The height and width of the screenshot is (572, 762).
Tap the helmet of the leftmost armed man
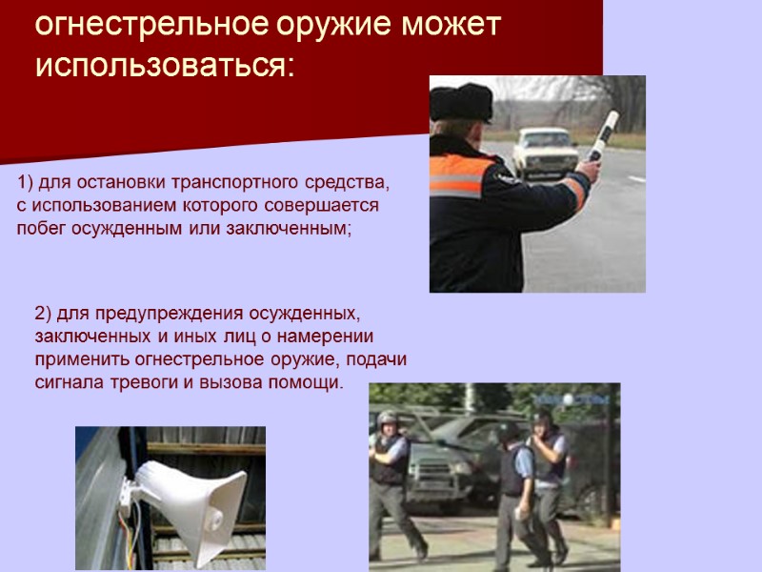coord(387,419)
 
